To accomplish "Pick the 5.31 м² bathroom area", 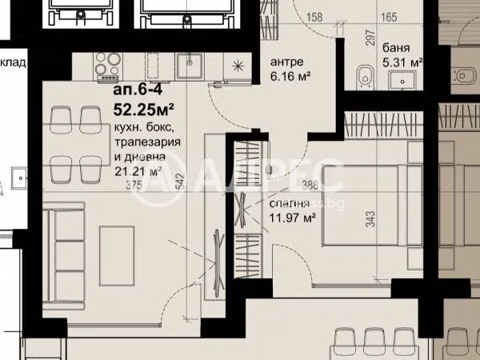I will (402, 61).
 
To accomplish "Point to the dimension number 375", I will (121, 184).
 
